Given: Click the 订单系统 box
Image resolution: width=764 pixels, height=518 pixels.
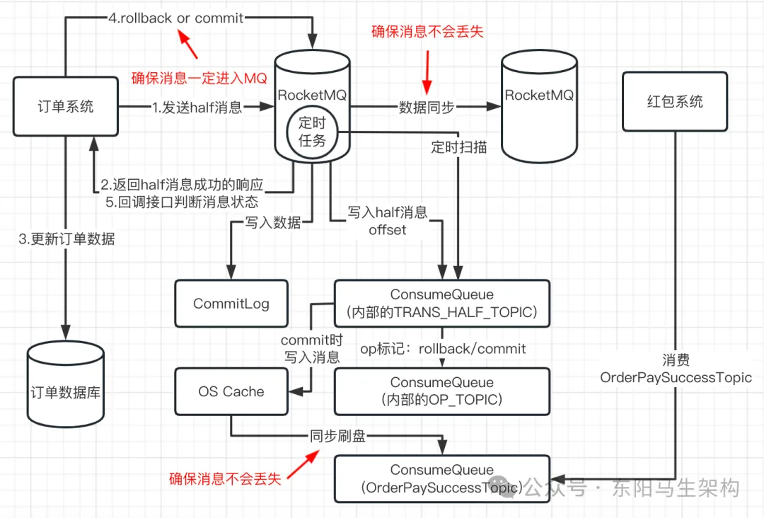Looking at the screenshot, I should [66, 107].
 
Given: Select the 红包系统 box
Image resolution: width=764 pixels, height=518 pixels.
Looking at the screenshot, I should [675, 101].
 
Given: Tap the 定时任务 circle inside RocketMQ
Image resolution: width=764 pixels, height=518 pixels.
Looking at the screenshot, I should [312, 131].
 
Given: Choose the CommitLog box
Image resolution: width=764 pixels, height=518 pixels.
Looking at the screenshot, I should [231, 304].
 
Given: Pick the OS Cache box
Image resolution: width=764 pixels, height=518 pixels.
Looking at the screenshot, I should [231, 391].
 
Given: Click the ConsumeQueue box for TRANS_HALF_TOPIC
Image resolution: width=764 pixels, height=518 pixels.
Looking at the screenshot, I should [442, 303].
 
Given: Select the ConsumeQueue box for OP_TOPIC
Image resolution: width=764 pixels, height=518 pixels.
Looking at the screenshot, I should [442, 391].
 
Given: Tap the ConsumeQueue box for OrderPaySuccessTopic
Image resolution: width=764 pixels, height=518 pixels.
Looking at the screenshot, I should [442, 479].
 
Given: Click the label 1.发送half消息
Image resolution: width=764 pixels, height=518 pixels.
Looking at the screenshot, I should [197, 108].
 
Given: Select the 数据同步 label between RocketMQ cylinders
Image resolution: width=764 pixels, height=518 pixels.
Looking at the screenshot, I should [427, 108].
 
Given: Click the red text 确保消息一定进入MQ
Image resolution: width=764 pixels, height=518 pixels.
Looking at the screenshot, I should [199, 79].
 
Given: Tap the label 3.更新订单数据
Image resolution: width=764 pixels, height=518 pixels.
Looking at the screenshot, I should [66, 239].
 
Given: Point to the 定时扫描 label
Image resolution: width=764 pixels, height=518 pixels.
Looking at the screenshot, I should [459, 148].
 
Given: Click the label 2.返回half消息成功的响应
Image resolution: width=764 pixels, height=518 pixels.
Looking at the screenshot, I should [182, 185].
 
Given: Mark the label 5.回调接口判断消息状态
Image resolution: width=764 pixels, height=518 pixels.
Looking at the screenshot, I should [182, 202].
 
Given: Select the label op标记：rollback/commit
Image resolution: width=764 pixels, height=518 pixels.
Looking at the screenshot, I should [444, 349].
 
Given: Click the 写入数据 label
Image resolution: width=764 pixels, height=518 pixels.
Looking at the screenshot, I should [273, 223].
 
